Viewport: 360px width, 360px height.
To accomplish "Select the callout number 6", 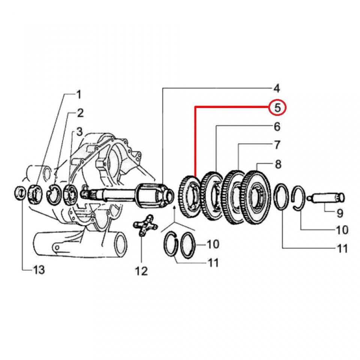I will (x=277, y=127).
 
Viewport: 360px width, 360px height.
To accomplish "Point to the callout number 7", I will (x=277, y=144).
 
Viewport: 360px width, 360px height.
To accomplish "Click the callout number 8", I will (x=278, y=164).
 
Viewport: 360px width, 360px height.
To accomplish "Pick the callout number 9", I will (x=339, y=213).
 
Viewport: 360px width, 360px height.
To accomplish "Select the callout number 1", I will (x=79, y=94).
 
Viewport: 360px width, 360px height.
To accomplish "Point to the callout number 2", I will (x=80, y=112).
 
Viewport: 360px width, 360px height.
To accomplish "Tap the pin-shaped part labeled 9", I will (x=325, y=197).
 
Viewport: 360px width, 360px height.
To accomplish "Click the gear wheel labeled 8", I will (x=256, y=198).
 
